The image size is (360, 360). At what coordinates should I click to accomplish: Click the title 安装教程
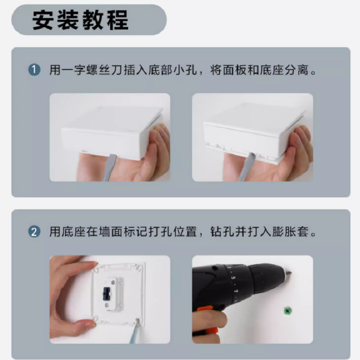[x=80, y=20]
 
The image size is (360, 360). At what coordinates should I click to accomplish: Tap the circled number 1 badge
[x=34, y=70]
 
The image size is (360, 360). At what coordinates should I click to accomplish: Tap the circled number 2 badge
[x=34, y=232]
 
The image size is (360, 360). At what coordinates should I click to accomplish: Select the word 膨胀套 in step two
[x=290, y=232]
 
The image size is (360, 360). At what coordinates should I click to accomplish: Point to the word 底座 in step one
[x=272, y=70]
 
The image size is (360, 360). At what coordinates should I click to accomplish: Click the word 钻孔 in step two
[x=222, y=232]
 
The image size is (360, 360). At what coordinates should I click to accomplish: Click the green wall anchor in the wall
[x=287, y=311]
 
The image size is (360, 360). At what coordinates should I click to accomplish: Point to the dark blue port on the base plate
[x=106, y=294]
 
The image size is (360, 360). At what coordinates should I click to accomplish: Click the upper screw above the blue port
[x=113, y=282]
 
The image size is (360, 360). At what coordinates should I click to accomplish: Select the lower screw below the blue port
[x=107, y=306]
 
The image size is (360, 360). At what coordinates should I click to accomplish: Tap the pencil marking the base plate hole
[x=134, y=331]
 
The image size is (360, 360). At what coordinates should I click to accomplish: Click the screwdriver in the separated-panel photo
[x=246, y=166]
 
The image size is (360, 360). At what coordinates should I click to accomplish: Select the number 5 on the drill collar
[x=233, y=278]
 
